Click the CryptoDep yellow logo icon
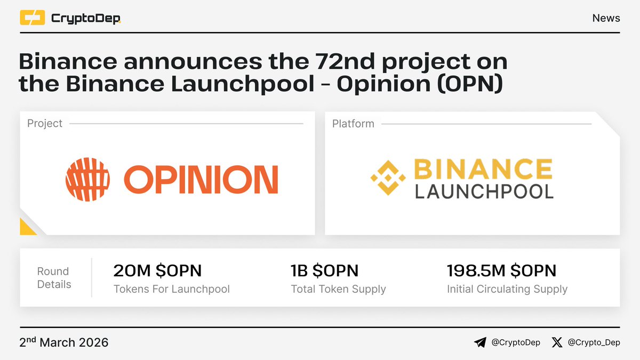click(x=33, y=18)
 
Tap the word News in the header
click(x=606, y=18)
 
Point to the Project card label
click(x=45, y=124)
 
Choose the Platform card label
click(x=353, y=124)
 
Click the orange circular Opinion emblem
click(x=87, y=179)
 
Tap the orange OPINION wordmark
click(x=201, y=180)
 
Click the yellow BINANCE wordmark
click(x=483, y=169)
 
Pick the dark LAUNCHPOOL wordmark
click(x=484, y=191)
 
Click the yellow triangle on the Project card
click(x=27, y=228)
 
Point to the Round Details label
click(x=54, y=278)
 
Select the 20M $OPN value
click(x=157, y=271)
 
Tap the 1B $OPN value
click(x=324, y=271)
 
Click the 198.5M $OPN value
click(x=501, y=271)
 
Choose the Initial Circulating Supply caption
click(x=507, y=289)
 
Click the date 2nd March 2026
click(x=64, y=342)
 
